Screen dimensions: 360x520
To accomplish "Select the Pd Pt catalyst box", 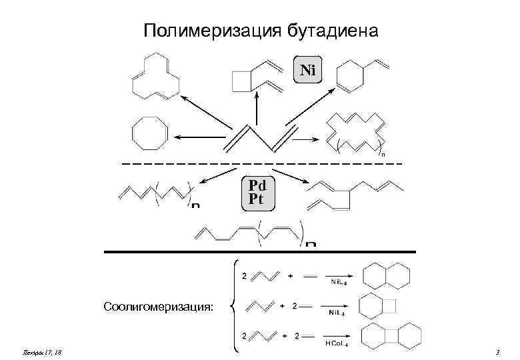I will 257,191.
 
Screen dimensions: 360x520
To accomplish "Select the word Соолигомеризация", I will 159,307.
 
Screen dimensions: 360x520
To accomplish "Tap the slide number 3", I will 497,351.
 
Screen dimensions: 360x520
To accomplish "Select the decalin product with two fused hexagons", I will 388,277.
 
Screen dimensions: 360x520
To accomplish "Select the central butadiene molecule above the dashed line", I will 257,137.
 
